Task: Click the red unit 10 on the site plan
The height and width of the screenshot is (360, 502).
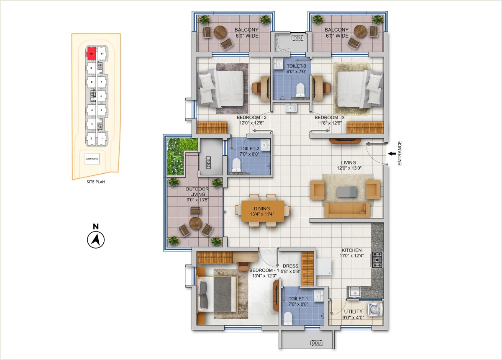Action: (x=91, y=54)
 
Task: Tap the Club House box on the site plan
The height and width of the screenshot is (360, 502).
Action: (x=92, y=159)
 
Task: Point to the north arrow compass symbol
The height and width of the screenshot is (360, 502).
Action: (x=96, y=240)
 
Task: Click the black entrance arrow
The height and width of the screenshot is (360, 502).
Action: (x=392, y=154)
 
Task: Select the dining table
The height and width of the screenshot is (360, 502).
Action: (x=263, y=211)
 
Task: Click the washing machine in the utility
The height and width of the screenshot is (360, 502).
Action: (x=375, y=309)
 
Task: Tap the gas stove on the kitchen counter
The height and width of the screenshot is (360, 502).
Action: (x=377, y=260)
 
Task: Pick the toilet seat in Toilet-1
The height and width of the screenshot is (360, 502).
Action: (x=287, y=319)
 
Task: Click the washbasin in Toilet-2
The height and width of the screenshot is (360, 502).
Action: (x=265, y=145)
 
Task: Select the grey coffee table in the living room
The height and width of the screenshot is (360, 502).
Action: (x=347, y=192)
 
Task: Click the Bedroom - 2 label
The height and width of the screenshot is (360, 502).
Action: (x=251, y=118)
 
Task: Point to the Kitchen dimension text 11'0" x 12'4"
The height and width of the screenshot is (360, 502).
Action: (x=352, y=255)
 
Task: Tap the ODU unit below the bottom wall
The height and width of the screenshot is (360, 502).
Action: (x=316, y=343)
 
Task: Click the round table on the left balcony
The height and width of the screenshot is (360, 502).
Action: (x=220, y=32)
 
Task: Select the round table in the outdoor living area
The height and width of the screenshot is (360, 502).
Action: (x=196, y=223)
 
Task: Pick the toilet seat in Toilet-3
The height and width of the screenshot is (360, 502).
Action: (x=300, y=90)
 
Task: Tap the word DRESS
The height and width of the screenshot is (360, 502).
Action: (x=290, y=266)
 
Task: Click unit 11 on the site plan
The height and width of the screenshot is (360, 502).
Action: (x=102, y=54)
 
